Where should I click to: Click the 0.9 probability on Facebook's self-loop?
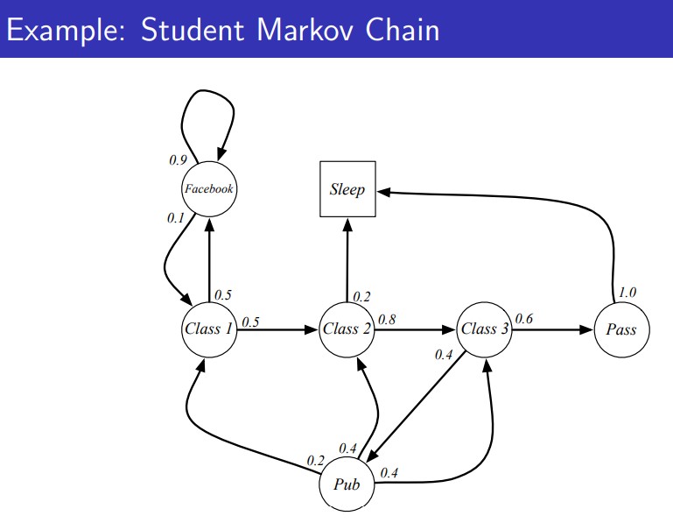pos(179,159)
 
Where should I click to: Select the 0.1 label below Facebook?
pos(176,218)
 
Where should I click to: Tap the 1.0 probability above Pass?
pos(627,293)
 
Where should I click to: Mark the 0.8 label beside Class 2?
pos(387,319)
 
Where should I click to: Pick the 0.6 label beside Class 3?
pos(524,318)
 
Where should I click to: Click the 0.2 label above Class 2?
pos(361,296)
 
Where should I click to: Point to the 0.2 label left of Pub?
pos(315,461)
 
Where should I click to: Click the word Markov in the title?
pos(305,30)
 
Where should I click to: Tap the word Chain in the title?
pos(403,30)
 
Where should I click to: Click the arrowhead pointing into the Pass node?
pos(586,329)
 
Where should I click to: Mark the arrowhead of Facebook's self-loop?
pos(221,154)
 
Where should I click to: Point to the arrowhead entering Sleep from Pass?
pos(383,192)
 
